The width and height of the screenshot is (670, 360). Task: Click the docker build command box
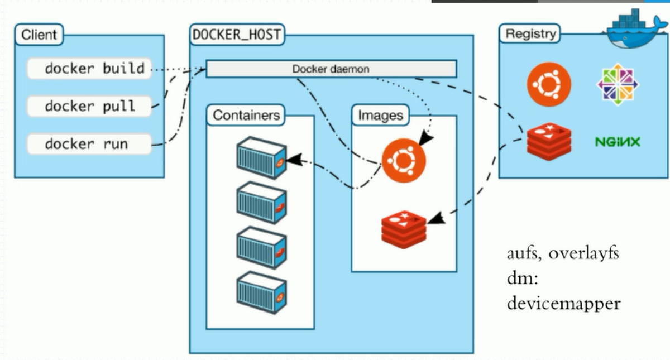(89, 69)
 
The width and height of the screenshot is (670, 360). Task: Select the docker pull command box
(89, 106)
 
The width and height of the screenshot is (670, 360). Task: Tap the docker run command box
(89, 144)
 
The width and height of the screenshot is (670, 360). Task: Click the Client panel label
(39, 35)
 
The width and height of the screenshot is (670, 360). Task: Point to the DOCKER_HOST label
(236, 35)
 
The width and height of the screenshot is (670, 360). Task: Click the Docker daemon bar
(331, 69)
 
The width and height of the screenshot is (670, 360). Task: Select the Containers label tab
(246, 116)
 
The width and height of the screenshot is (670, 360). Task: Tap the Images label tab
(380, 116)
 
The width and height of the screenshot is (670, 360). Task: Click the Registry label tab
(530, 33)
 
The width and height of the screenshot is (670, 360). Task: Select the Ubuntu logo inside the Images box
(404, 161)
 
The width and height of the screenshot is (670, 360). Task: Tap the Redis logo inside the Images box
(403, 229)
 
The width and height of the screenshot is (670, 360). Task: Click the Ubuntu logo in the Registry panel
(549, 84)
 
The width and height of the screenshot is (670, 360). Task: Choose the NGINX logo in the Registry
(618, 142)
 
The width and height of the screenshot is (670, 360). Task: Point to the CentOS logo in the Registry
(618, 84)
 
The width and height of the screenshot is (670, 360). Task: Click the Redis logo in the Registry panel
(549, 141)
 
